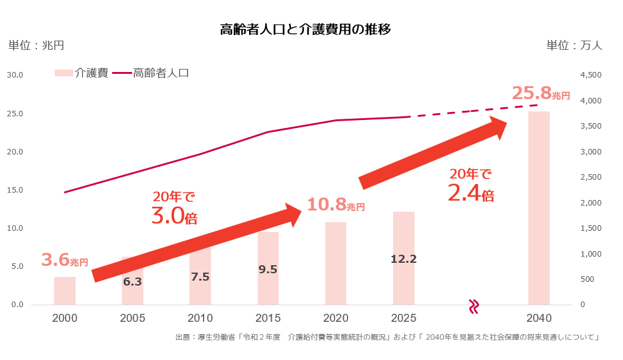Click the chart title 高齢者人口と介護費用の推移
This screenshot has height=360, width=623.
tap(305, 30)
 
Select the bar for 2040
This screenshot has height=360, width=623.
tap(539, 209)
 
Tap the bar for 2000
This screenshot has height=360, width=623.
tap(65, 291)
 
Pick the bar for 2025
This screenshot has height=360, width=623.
tap(403, 258)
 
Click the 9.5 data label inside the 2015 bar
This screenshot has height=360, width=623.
tap(268, 269)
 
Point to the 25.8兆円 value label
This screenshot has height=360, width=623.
tap(541, 94)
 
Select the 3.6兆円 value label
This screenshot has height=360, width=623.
tap(65, 260)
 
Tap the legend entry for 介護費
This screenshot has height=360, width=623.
tap(82, 73)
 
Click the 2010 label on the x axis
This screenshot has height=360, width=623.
tap(200, 318)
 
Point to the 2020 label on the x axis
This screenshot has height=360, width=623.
tap(336, 318)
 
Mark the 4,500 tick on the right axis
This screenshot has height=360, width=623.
tap(591, 75)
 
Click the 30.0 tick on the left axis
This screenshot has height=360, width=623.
tap(15, 75)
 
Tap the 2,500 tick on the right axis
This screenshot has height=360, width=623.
tap(591, 177)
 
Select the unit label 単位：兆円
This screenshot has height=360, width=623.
tap(36, 46)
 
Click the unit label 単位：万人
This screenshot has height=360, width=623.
tap(574, 46)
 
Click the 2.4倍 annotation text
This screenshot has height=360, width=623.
tap(471, 194)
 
